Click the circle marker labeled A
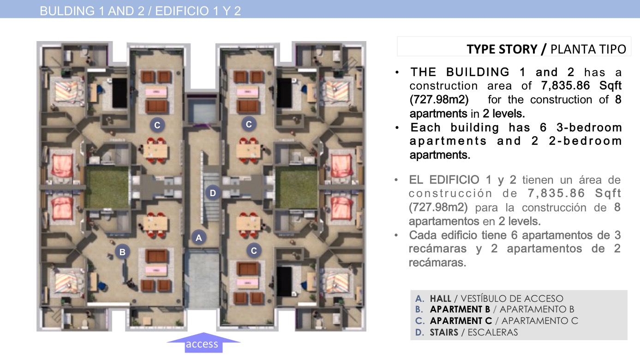[x=199, y=237]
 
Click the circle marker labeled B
[x=122, y=252]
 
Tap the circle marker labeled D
[x=213, y=193]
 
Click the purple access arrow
[x=203, y=342]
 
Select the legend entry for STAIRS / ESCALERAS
[x=467, y=332]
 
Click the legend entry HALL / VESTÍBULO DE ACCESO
[x=489, y=299]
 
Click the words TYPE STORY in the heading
[x=502, y=49]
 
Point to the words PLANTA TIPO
[x=588, y=49]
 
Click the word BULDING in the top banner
[x=67, y=11]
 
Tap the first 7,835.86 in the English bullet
[x=565, y=85]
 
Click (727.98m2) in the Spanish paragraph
[x=438, y=207]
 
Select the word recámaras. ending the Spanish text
[x=437, y=262]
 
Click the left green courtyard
[x=107, y=187]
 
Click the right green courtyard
[x=296, y=187]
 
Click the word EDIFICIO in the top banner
[x=182, y=11]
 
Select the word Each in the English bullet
[x=425, y=127]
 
